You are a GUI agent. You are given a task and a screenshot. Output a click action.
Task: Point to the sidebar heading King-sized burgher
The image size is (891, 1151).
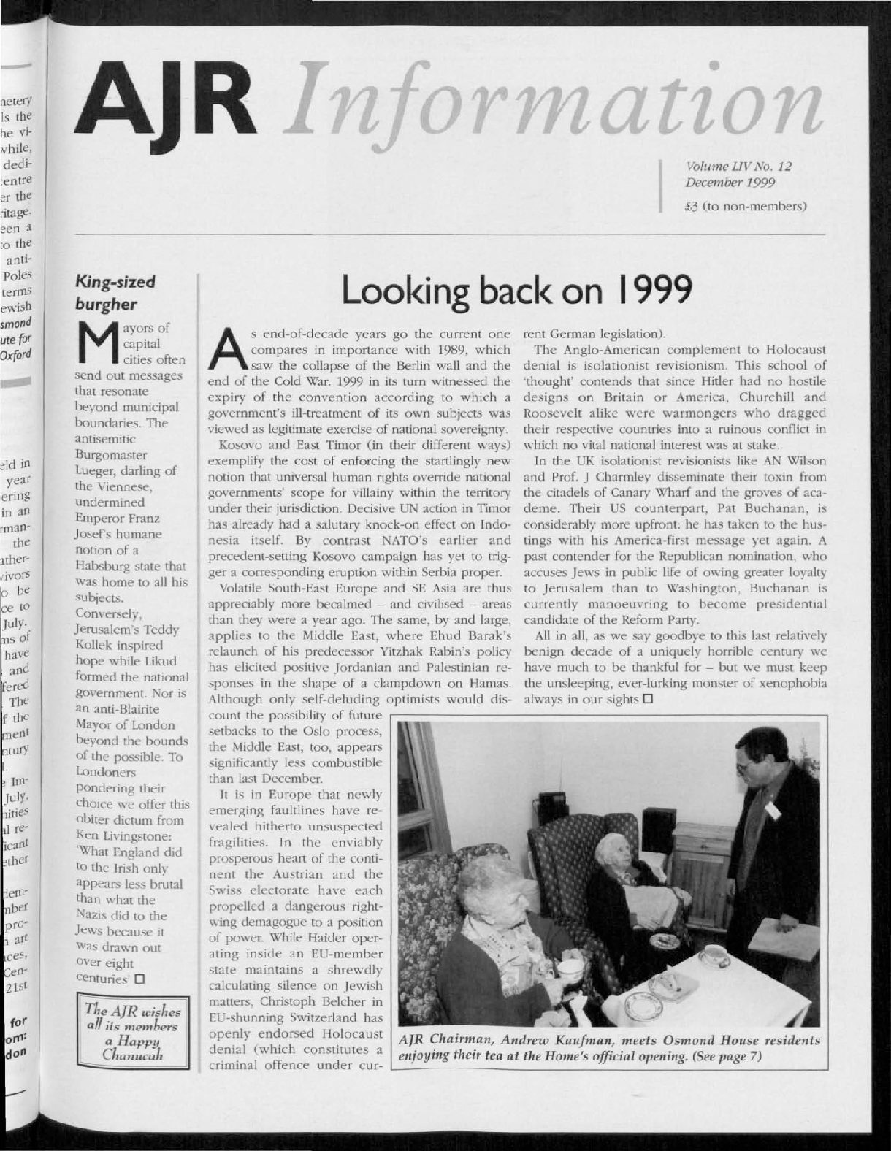point(115,293)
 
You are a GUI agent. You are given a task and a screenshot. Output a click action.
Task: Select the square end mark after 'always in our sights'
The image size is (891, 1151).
point(646,700)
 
